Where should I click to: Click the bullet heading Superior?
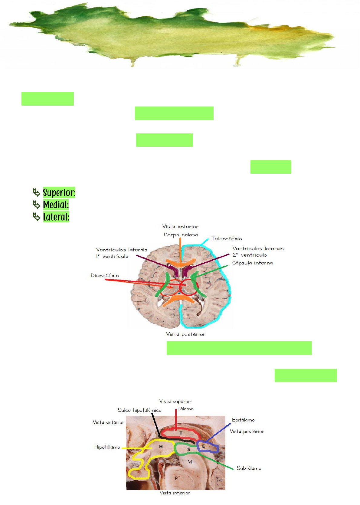pyautogui.click(x=59, y=193)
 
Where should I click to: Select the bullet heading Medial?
pyautogui.click(x=56, y=205)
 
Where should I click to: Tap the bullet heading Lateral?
pyautogui.click(x=56, y=217)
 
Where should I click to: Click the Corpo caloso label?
pyautogui.click(x=181, y=235)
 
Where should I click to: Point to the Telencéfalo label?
pyautogui.click(x=227, y=239)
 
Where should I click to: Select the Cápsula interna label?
pyautogui.click(x=252, y=263)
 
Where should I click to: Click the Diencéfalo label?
pyautogui.click(x=105, y=276)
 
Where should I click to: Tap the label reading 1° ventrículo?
pyautogui.click(x=112, y=256)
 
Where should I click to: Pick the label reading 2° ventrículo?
pyautogui.click(x=250, y=255)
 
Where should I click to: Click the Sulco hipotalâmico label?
pyautogui.click(x=139, y=410)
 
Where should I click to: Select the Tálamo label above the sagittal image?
pyautogui.click(x=185, y=409)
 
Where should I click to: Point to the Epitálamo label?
pyautogui.click(x=243, y=420)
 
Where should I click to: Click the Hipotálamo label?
pyautogui.click(x=107, y=447)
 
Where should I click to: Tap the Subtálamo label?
pyautogui.click(x=249, y=468)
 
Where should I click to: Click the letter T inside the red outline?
pyautogui.click(x=181, y=433)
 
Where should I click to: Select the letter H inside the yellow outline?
pyautogui.click(x=161, y=447)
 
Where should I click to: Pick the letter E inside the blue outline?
pyautogui.click(x=204, y=446)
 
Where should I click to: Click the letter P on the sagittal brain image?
pyautogui.click(x=176, y=478)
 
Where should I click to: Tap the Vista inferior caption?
pyautogui.click(x=175, y=493)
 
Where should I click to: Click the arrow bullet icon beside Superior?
pyautogui.click(x=36, y=192)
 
